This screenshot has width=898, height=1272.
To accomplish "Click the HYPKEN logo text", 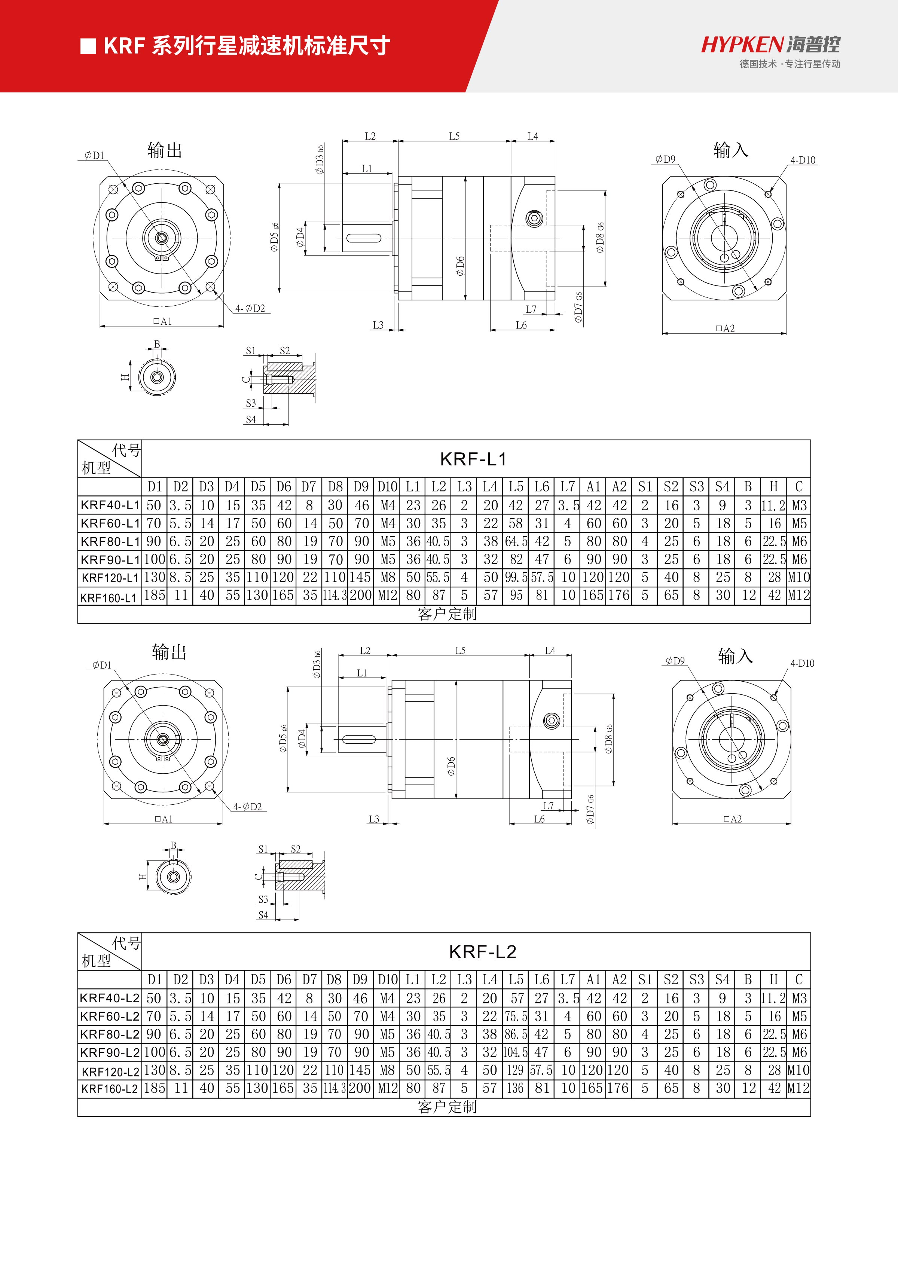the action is click(742, 44).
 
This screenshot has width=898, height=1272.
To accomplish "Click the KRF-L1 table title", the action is click(473, 459).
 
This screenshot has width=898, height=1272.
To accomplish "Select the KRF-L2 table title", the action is click(483, 952).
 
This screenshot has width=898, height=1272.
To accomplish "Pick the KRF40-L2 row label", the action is click(109, 998).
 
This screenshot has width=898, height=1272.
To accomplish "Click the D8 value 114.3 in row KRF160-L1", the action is click(335, 596).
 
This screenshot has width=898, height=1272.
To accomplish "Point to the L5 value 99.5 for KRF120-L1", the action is click(516, 577).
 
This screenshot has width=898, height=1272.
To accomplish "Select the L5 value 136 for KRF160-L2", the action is click(515, 1088).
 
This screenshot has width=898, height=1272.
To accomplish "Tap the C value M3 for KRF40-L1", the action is click(799, 505).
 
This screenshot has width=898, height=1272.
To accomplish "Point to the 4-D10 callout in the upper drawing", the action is click(803, 160).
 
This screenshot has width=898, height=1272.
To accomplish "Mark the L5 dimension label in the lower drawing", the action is click(460, 651).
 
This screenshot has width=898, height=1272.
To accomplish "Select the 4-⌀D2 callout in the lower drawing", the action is click(247, 807).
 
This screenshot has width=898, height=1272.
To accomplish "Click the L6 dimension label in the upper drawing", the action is click(521, 325).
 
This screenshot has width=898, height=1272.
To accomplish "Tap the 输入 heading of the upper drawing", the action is click(731, 150).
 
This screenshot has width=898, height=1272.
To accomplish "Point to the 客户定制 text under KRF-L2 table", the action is click(447, 1107).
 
